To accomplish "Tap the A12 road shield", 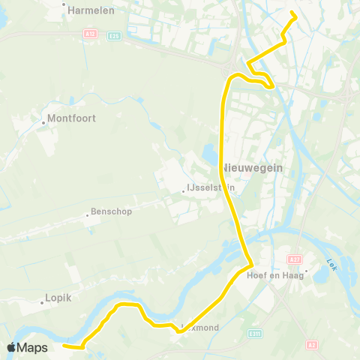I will point(90,34).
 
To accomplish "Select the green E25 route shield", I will point(113,34).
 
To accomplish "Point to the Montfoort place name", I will point(72,118).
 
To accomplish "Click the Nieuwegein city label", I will point(252,168).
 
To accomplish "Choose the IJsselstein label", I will point(211,189).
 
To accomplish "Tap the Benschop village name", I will point(112,211).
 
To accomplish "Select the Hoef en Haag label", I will point(274,274).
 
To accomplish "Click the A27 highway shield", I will point(295,259).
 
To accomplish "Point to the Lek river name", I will point(333,264).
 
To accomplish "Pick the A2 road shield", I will point(311,345).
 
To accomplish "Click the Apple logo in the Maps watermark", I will point(12,347).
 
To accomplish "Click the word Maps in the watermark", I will point(32,347).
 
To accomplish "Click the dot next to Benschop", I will point(87,214).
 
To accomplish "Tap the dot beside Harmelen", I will point(64,2).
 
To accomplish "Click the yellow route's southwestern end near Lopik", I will point(64,346).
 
